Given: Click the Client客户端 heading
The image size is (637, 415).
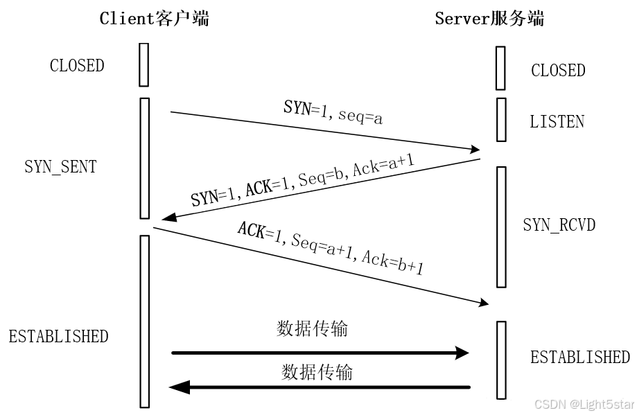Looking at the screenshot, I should click(x=154, y=19).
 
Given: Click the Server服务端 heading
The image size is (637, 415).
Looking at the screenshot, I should click(x=489, y=19).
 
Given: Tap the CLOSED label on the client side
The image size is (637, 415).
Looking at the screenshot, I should click(x=77, y=66).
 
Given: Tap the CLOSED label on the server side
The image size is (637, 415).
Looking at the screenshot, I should click(x=558, y=71).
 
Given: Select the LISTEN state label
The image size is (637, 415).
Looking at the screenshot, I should click(x=557, y=122).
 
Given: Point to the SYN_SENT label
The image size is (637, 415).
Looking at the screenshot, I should click(x=61, y=167).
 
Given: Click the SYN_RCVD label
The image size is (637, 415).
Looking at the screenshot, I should click(x=559, y=225).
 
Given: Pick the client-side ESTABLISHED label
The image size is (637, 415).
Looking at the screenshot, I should click(x=59, y=337).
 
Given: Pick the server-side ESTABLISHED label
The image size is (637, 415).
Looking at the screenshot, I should click(x=580, y=357).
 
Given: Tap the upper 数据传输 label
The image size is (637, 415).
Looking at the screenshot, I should click(x=312, y=328).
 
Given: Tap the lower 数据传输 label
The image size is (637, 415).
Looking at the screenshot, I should click(x=317, y=372).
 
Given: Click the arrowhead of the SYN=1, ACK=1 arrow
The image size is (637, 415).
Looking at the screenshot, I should click(x=166, y=219).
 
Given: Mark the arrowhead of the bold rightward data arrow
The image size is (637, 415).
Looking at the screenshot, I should click(x=462, y=353).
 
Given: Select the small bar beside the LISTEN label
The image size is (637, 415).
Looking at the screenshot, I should click(x=500, y=119).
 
